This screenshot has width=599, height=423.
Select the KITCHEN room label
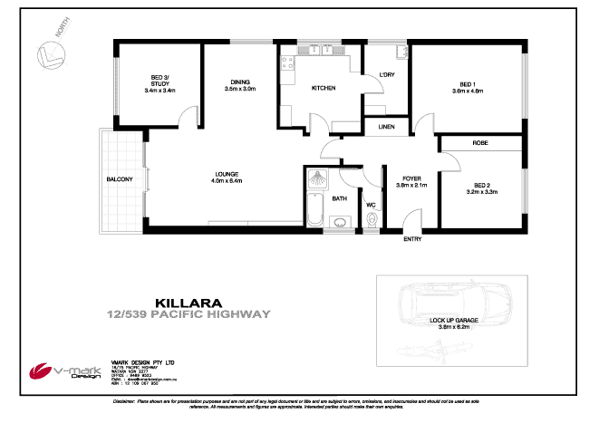pyautogui.click(x=324, y=88)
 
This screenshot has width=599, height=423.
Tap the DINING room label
pyautogui.click(x=240, y=83)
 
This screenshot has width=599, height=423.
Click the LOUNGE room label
pyautogui.click(x=227, y=175)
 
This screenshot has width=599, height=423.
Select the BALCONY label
pyautogui.click(x=120, y=179)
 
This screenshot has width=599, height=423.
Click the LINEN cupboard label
pyautogui.click(x=386, y=128)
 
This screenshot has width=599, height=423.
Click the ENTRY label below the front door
pyautogui.click(x=412, y=238)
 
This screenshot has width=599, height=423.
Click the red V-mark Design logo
pyautogui.click(x=41, y=372)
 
